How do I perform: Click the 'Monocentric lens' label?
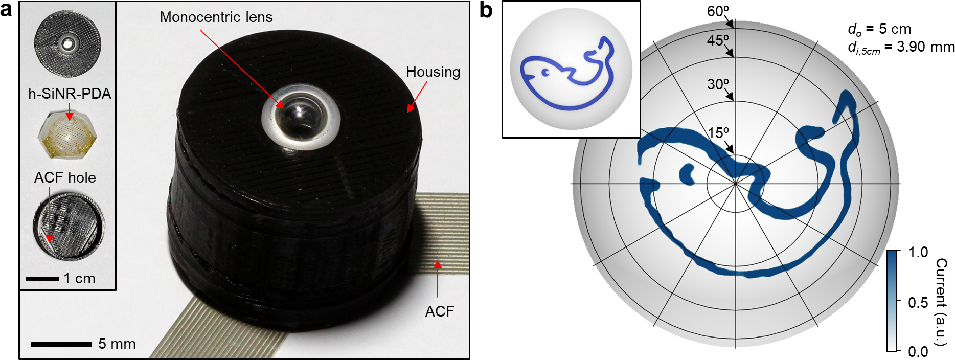[216, 17]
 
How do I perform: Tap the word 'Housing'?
[433, 72]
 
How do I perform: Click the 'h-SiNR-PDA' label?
[70, 94]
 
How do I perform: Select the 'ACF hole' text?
[65, 177]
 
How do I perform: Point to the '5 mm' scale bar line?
[61, 344]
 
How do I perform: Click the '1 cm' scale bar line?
[42, 279]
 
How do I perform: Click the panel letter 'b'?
[486, 10]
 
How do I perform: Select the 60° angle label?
[718, 11]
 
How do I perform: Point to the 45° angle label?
[718, 40]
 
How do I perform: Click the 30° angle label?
[718, 84]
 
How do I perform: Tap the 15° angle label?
[718, 133]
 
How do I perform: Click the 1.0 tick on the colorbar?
[918, 252]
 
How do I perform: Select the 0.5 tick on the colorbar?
[918, 302]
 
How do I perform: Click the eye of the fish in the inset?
[545, 73]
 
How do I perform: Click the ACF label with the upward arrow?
[439, 311]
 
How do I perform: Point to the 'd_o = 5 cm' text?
[879, 29]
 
